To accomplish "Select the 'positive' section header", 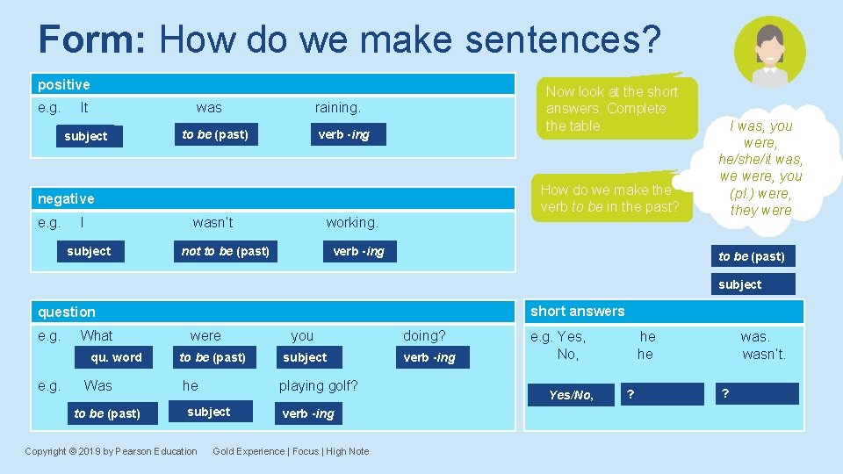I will [x=64, y=85].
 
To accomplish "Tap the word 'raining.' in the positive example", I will [x=337, y=108].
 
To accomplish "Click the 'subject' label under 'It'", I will [x=86, y=136].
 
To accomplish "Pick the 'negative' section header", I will [x=66, y=199].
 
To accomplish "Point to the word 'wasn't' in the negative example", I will [x=213, y=223].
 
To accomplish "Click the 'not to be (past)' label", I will [x=225, y=252].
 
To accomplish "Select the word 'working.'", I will [x=351, y=223].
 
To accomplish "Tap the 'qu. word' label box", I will [x=116, y=357].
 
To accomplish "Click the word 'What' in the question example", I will [x=97, y=335].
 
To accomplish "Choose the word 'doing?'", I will [x=424, y=335].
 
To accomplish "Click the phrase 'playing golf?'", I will [x=318, y=385].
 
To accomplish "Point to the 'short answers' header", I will [x=577, y=312].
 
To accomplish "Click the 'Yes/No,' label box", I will [x=571, y=395].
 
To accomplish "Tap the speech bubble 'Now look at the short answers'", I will [x=612, y=108].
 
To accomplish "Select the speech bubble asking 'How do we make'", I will [x=609, y=197].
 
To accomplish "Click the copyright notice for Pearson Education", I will [x=111, y=451].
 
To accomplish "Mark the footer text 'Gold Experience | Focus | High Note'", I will [x=291, y=451].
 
